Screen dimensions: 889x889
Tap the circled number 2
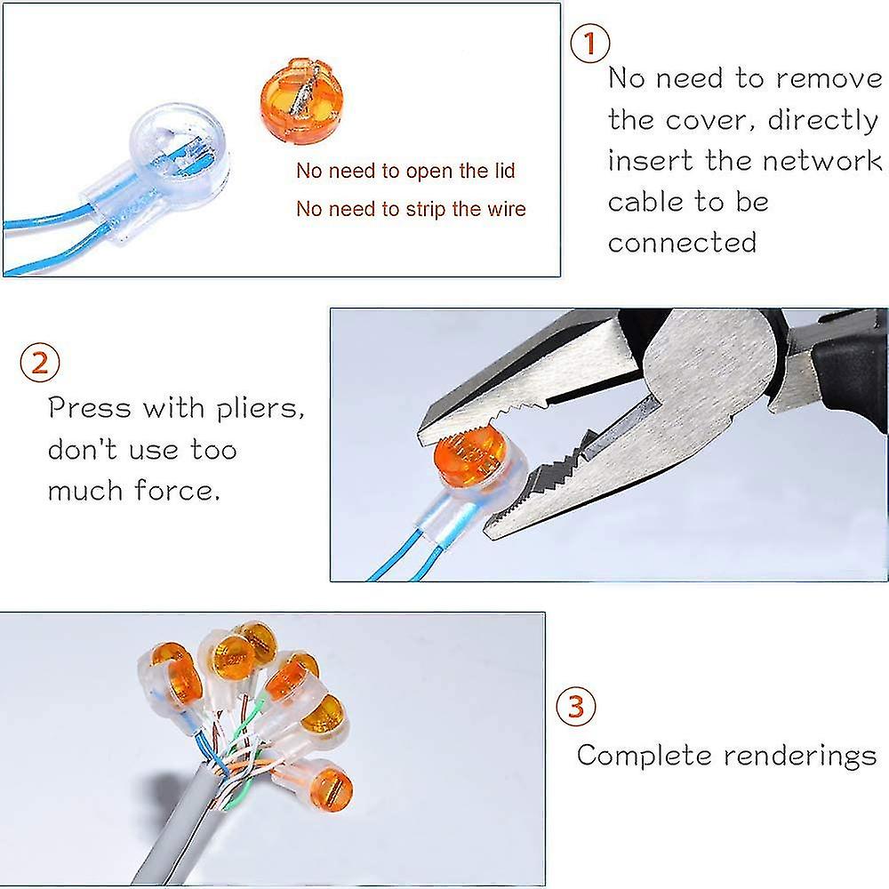(41, 364)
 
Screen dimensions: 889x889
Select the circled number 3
(577, 708)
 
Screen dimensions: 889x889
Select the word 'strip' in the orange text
(423, 210)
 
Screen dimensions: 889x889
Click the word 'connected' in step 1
(682, 242)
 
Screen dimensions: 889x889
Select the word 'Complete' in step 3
(645, 756)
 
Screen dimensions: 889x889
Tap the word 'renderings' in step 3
(800, 756)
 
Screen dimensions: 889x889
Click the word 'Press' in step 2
(89, 409)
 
